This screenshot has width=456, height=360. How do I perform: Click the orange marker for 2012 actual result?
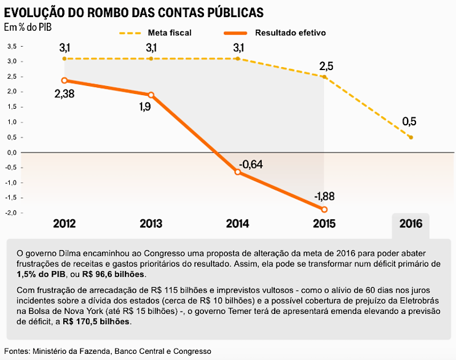64,80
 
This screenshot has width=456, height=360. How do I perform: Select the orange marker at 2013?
151,95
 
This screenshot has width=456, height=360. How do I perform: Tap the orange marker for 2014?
238,172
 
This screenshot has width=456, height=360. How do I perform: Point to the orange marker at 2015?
324,209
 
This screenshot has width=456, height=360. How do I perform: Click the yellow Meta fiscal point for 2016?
411,137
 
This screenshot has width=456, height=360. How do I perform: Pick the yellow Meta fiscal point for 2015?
324,77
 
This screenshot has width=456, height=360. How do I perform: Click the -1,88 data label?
324,197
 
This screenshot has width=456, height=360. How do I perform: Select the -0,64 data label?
251,165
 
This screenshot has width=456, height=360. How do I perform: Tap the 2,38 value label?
64,94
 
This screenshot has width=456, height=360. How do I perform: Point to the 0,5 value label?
409,121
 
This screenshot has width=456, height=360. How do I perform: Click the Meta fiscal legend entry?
155,33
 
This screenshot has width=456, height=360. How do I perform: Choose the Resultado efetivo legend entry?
275,33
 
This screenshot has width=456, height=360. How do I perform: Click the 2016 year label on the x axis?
410,224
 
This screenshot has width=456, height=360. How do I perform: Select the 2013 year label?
151,224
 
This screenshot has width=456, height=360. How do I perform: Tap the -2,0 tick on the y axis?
11,212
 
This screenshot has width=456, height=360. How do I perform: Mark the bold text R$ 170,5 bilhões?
96,322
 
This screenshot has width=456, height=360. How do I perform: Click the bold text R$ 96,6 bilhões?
113,275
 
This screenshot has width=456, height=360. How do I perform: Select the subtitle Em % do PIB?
28,27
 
